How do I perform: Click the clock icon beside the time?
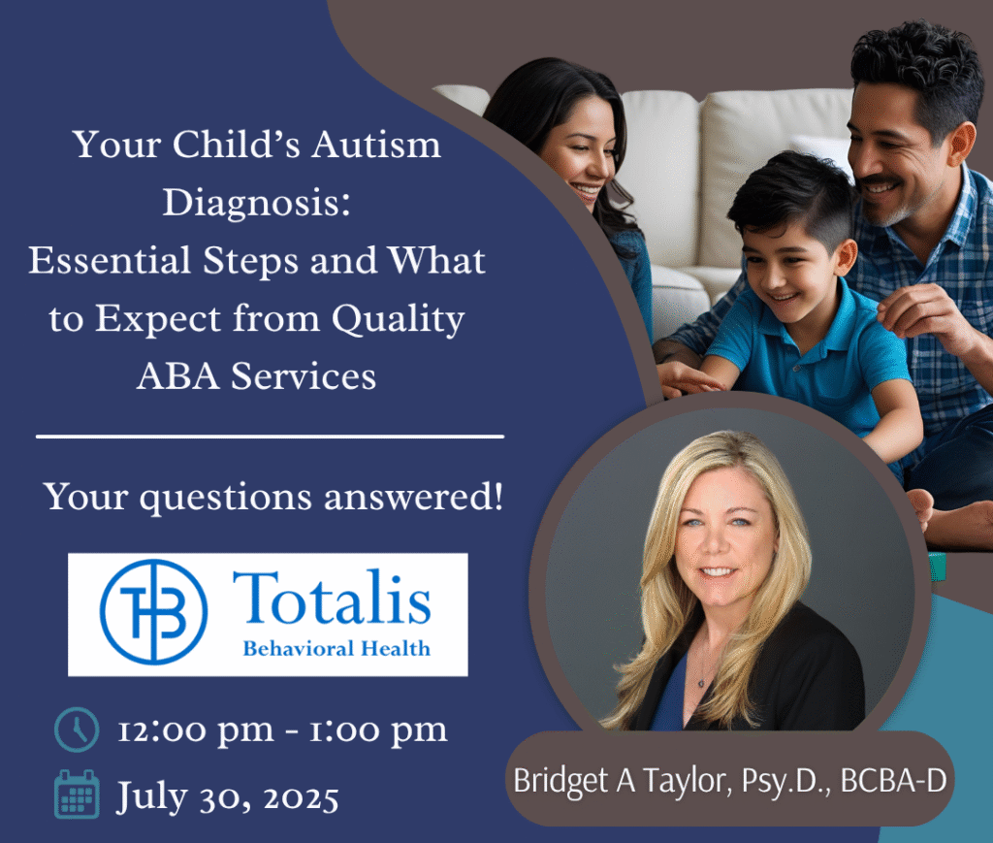tap(77, 730)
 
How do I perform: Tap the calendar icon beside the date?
tap(77, 794)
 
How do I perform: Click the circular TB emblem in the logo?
tap(154, 612)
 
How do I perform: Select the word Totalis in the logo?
tap(332, 599)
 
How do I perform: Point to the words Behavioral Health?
tap(336, 649)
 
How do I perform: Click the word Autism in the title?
tap(375, 146)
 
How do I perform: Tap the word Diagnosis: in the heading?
tap(256, 204)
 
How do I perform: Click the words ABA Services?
tap(256, 376)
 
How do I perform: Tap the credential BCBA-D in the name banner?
tap(893, 780)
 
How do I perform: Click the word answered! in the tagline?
tap(413, 497)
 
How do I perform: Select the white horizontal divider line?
tap(270, 437)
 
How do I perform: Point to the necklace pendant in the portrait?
tap(701, 683)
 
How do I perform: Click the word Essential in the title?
tap(110, 260)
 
